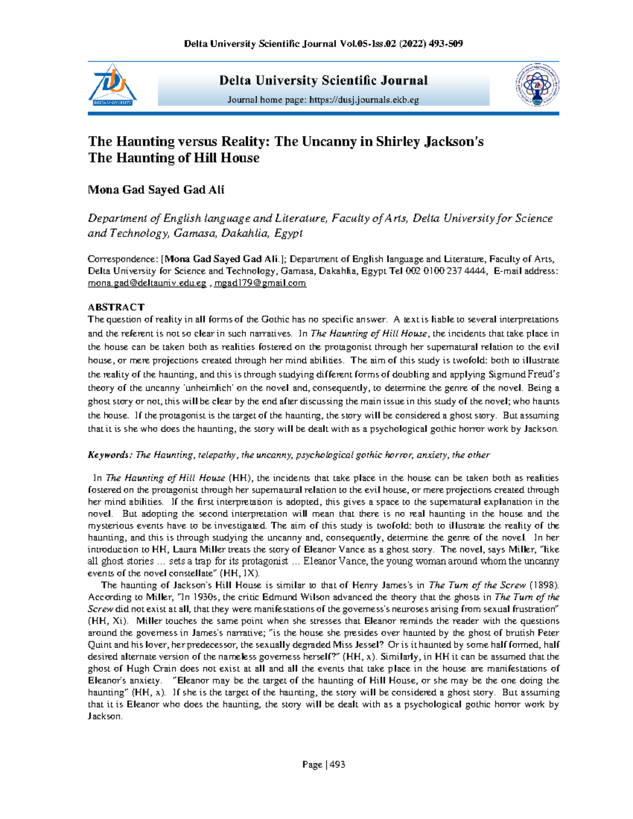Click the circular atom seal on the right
tap(537, 85)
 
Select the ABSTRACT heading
tap(116, 307)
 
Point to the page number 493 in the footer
tap(337, 764)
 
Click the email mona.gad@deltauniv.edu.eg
tap(147, 283)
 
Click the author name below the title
tap(156, 190)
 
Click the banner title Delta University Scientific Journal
tap(323, 81)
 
